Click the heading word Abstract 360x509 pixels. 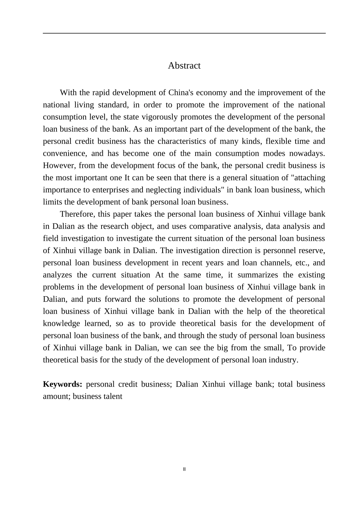(184, 66)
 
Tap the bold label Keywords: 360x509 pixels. (63, 384)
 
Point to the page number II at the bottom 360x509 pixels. (184, 469)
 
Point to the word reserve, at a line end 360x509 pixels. (313, 250)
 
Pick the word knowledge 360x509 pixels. (61, 323)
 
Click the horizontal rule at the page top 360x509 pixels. (184, 33)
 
